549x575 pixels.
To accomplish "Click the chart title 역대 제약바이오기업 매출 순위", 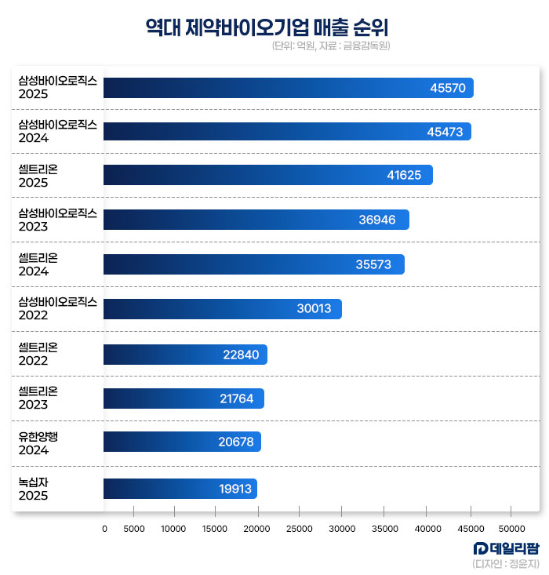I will coord(267,27).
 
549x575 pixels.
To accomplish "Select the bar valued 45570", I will coord(288,88).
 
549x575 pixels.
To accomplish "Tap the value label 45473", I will coord(445,132).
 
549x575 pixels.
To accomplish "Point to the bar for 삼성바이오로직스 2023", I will coord(256,220).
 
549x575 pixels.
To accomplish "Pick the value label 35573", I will coord(373,264).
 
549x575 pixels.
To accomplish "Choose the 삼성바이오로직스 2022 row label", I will coord(56,308).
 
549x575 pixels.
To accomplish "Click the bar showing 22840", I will coord(185,355).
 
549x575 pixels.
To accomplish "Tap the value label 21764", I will coord(237,398).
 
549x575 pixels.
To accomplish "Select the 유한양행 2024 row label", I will coord(38,443).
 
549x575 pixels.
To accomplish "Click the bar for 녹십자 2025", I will coord(180,489).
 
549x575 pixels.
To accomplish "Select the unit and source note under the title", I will coord(331,46).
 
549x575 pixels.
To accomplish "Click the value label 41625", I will coord(405,176).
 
